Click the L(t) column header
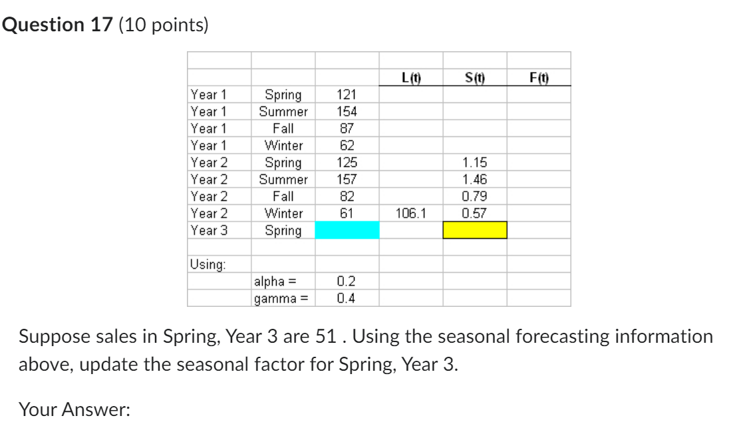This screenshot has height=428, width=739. pos(412,77)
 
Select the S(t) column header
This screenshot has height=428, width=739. pos(476,77)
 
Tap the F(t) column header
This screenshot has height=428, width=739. pos(539,77)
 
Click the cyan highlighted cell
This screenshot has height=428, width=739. pos(347,230)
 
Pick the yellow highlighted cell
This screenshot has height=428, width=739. pos(475,230)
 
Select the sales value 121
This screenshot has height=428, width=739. pos(347,95)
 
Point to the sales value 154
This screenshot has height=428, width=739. pos(347,112)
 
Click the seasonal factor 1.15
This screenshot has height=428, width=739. pos(475,163)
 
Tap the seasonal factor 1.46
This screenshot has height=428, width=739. pos(475,180)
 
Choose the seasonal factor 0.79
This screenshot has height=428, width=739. pos(475,197)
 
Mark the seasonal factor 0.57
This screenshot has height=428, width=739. pos(475,214)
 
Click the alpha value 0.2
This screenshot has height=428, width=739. pos(346,282)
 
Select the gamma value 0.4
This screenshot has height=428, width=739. pos(346,298)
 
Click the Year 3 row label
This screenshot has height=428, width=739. pos(209,230)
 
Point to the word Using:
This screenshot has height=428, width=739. pos(208,264)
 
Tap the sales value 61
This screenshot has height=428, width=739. pos(347,214)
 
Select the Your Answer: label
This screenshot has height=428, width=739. pos(74,409)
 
